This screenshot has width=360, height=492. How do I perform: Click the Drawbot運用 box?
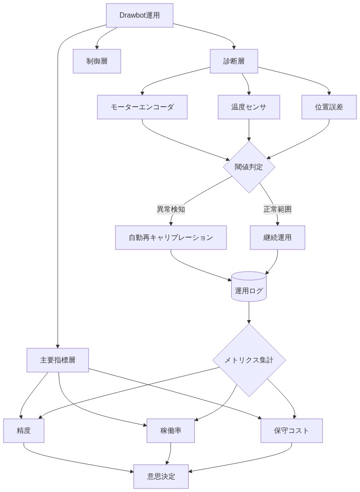139,15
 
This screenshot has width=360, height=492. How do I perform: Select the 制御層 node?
97,61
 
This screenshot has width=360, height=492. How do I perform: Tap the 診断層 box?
234,61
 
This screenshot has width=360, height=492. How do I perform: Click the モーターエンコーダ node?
142,107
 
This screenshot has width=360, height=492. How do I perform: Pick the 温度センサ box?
249,107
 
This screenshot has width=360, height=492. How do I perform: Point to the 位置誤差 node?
329,107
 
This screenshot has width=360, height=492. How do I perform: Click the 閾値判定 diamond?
249,167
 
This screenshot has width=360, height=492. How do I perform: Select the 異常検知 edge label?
171,209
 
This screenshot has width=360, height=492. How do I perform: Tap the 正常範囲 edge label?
277,209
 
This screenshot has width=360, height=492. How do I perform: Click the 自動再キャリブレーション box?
171,238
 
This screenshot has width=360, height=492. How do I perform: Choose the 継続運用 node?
277,238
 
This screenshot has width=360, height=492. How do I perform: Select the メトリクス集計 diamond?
249,360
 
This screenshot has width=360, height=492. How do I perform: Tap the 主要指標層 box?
58,360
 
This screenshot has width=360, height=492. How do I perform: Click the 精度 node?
24,431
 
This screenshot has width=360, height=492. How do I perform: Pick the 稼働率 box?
171,431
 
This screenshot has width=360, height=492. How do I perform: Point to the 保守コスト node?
291,431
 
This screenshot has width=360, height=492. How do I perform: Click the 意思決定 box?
161,477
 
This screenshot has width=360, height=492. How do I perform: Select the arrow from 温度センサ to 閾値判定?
249,130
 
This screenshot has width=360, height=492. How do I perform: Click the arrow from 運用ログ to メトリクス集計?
249,313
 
